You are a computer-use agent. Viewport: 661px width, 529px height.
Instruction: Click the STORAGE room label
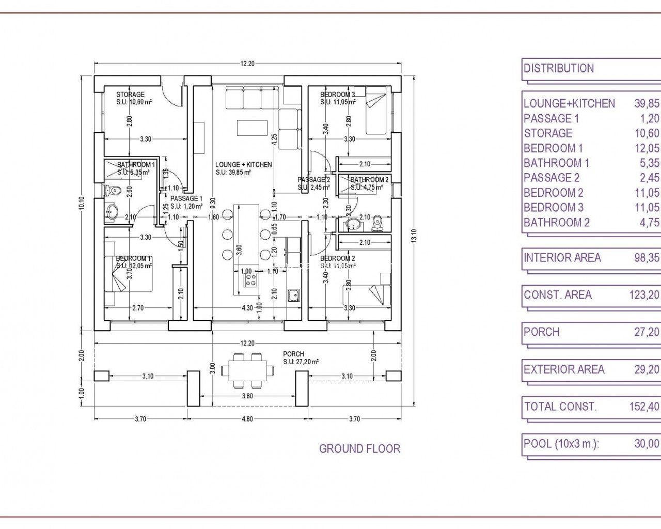130,95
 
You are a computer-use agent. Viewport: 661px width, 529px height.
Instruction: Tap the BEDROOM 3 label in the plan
337,95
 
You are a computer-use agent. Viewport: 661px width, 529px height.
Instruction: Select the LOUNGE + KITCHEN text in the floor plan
243,164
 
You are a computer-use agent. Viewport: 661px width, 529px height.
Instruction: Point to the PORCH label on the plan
293,354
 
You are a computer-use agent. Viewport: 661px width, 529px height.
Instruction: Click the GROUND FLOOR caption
359,448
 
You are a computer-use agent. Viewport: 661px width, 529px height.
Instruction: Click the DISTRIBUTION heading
559,68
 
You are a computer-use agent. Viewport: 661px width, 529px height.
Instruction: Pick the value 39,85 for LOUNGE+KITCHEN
647,103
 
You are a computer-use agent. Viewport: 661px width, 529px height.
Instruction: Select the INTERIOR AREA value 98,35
647,257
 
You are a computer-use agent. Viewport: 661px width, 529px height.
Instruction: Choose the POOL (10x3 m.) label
561,443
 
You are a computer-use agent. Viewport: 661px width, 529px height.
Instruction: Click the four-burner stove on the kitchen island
251,279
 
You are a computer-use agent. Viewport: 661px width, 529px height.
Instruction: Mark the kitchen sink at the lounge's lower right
294,296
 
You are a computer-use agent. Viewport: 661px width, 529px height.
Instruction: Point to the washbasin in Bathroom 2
354,224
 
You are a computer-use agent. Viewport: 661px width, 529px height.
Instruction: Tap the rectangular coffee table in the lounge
252,127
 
